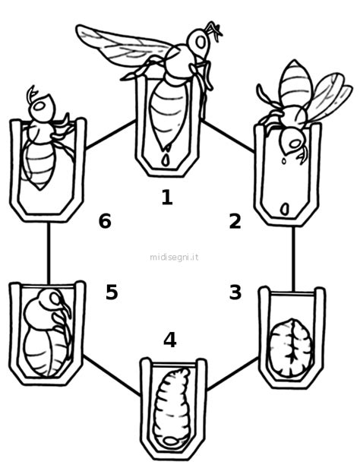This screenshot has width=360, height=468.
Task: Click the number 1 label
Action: pyautogui.click(x=167, y=198)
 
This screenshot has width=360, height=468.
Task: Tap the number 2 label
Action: pyautogui.click(x=235, y=222)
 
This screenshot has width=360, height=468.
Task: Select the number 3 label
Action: pyautogui.click(x=235, y=292)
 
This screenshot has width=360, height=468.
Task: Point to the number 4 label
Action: pyautogui.click(x=170, y=340)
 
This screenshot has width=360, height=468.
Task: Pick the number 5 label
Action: pyautogui.click(x=112, y=292)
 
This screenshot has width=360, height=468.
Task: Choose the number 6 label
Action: pyautogui.click(x=105, y=222)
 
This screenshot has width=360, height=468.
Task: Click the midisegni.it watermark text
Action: pyautogui.click(x=174, y=257)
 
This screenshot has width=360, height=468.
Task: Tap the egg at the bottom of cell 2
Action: pyautogui.click(x=285, y=209)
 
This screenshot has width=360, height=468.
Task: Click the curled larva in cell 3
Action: pyautogui.click(x=291, y=347)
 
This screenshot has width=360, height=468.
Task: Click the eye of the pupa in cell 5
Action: pyautogui.click(x=55, y=298)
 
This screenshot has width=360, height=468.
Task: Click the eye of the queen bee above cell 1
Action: pyautogui.click(x=201, y=43)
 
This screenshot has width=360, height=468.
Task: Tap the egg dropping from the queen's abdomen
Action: pyautogui.click(x=166, y=160)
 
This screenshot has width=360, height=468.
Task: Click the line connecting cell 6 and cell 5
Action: pyautogui.click(x=49, y=253)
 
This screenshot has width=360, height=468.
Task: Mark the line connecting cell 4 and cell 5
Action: pyautogui.click(x=112, y=375)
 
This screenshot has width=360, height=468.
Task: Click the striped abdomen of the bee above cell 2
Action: pyautogui.click(x=296, y=83)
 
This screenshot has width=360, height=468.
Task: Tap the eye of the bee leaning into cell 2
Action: pyautogui.click(x=295, y=144)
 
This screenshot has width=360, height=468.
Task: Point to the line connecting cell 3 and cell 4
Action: pyautogui.click(x=232, y=373)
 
